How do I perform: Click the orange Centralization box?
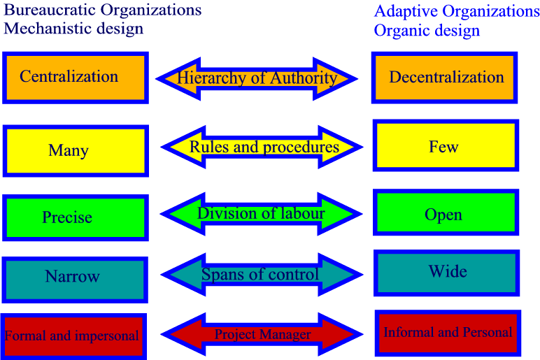tap(76, 78)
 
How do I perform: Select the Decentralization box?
tap(445, 78)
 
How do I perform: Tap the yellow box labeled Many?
tap(76, 151)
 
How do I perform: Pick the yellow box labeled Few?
tap(446, 145)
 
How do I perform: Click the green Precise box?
tap(76, 217)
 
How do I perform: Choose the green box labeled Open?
tap(446, 212)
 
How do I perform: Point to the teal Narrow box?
tap(75, 280)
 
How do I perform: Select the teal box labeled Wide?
tap(447, 273)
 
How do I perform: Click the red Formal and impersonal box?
tap(73, 336)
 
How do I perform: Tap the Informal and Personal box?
tap(448, 333)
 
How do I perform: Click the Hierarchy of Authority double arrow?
tap(257, 79)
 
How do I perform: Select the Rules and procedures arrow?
tap(262, 147)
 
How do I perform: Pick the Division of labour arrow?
tap(262, 214)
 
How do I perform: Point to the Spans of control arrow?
tap(262, 275)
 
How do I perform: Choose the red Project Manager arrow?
tap(262, 334)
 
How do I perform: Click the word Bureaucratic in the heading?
tap(50, 10)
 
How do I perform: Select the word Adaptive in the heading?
tap(406, 12)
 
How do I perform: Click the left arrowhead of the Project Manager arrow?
tap(183, 334)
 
